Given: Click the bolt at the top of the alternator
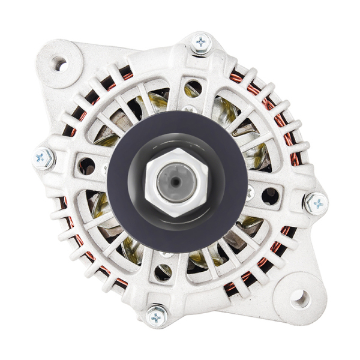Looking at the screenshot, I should tap(200, 43).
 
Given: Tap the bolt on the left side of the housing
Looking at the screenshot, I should tap(44, 158).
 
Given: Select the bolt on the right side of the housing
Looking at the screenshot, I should tap(316, 203).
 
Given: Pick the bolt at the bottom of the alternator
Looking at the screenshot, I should tap(158, 316).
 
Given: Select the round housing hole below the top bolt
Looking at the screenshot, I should tap(193, 89).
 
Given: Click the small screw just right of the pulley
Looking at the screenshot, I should tap(250, 193).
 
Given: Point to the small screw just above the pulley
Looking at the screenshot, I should tap(190, 110).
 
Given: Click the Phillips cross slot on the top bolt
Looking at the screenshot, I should tap(200, 42).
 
